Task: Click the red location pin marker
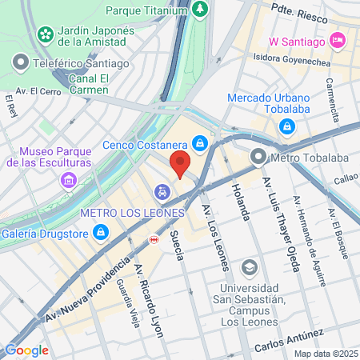point(180,164)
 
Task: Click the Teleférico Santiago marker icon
point(19,62)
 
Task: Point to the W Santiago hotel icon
point(338,38)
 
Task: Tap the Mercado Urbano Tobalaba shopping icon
point(286,126)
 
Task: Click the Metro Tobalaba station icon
point(258,156)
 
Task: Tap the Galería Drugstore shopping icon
point(101,233)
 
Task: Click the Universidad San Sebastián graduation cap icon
point(250,267)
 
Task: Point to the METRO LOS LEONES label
point(132,213)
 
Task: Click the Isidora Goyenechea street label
point(303,58)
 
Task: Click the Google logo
point(26,350)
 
